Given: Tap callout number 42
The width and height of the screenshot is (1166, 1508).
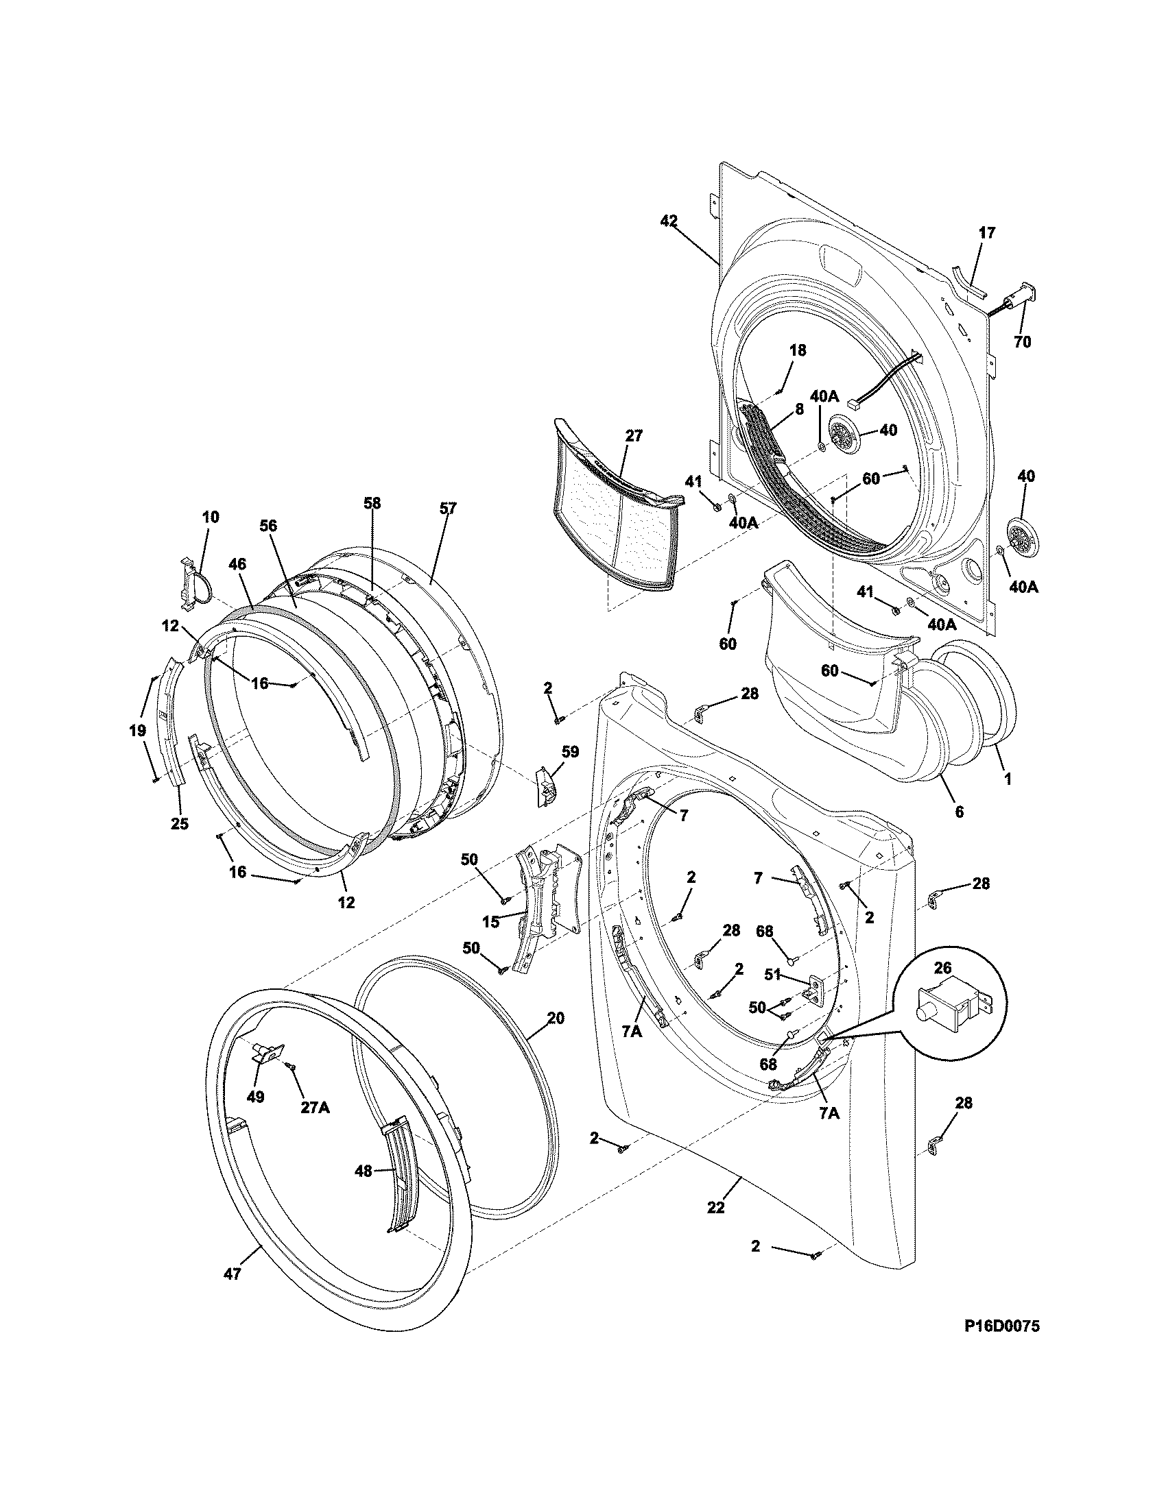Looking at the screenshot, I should click(669, 221).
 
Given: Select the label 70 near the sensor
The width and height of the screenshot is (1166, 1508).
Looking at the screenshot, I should click(1023, 342).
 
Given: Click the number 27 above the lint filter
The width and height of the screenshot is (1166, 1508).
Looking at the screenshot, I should click(634, 436).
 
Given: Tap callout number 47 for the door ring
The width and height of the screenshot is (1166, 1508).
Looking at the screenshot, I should click(233, 1254).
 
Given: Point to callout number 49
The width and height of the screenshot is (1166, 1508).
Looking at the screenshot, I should click(256, 1097).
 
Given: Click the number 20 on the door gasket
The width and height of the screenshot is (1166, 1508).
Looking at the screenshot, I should click(556, 1018).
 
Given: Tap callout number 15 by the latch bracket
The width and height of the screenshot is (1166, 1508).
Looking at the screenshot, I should click(491, 922).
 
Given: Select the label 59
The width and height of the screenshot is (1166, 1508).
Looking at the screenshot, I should click(570, 751).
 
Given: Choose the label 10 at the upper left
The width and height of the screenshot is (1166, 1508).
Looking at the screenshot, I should click(211, 516).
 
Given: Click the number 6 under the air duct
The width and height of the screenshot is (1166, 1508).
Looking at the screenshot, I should click(959, 813).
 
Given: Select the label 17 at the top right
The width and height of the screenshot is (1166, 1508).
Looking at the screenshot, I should click(987, 232).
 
